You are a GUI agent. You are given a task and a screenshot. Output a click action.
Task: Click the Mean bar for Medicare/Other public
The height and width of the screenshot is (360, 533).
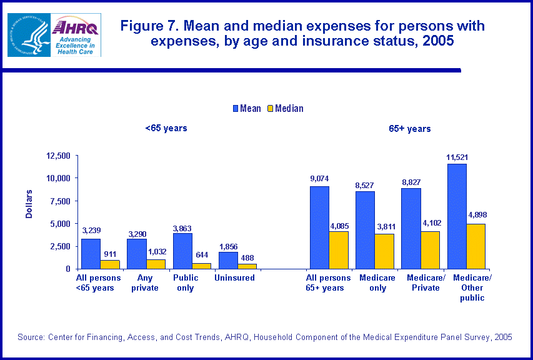pyautogui.click(x=456, y=216)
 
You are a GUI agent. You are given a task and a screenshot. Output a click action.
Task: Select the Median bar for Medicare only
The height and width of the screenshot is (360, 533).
pyautogui.click(x=384, y=251)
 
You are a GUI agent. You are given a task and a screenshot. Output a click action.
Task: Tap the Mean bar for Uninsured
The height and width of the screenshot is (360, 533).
pyautogui.click(x=228, y=260)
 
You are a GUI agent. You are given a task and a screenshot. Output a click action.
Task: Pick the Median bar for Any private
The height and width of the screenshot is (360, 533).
pyautogui.click(x=156, y=264)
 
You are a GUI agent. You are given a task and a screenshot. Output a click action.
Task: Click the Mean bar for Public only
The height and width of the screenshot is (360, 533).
pyautogui.click(x=182, y=251)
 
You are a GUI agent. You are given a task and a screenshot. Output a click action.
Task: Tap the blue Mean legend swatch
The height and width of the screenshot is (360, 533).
pyautogui.click(x=236, y=108)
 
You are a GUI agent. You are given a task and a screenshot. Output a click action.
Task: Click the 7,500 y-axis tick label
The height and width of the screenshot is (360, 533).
pyautogui.click(x=60, y=201)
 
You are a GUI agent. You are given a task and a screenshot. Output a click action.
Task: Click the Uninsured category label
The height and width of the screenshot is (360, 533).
pyautogui.click(x=234, y=277)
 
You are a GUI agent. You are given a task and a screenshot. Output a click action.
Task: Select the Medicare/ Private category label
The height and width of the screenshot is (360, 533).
pyautogui.click(x=424, y=282)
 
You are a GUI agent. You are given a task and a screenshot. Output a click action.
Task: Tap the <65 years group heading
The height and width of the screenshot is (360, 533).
pyautogui.click(x=166, y=128)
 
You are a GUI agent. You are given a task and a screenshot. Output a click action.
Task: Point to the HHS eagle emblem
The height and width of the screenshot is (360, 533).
pyautogui.click(x=28, y=35)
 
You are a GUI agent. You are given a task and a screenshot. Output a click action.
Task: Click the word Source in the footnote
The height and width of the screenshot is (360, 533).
pyautogui.click(x=31, y=337)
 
